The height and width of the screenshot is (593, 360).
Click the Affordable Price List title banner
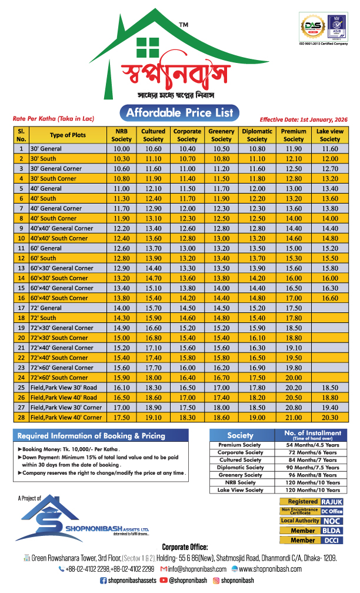click(180, 112)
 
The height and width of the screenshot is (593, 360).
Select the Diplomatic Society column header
click(257, 135)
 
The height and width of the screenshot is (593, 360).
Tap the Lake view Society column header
click(330, 135)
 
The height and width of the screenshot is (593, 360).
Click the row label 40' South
click(44, 198)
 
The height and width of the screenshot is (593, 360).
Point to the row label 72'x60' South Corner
click(59, 378)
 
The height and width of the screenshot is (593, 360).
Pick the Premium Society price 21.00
click(294, 418)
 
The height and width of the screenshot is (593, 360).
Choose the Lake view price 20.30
click(330, 418)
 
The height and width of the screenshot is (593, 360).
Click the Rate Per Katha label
click(54, 118)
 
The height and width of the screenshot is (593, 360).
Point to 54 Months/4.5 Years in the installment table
click(311, 445)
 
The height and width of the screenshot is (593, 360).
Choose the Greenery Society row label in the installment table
click(240, 475)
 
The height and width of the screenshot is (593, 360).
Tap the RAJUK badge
click(331, 502)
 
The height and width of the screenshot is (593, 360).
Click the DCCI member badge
click(331, 540)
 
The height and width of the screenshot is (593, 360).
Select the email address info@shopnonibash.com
click(197, 569)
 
